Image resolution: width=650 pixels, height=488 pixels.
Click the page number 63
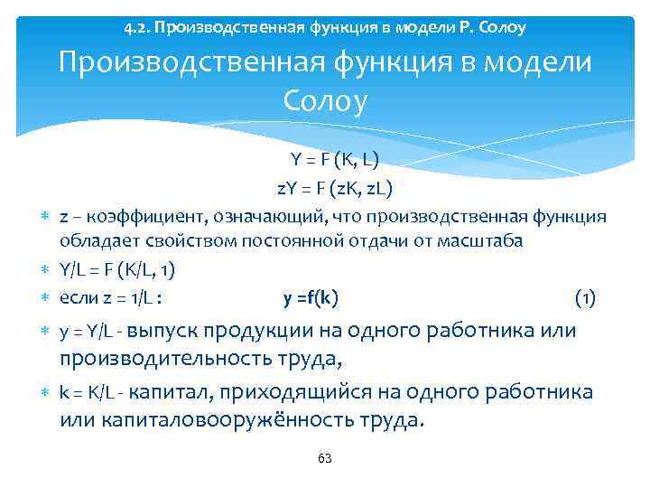[x=325, y=458]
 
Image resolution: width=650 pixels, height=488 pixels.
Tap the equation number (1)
[x=585, y=298]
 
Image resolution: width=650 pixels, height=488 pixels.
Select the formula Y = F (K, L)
[x=335, y=160]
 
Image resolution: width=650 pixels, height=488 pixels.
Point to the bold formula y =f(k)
[x=311, y=298]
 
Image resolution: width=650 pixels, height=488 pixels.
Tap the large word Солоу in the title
[x=325, y=101]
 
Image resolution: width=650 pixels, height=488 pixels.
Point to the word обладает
[x=95, y=242]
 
